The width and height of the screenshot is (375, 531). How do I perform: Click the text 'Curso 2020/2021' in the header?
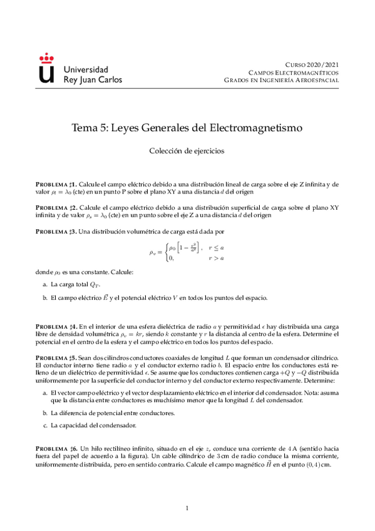point(312,64)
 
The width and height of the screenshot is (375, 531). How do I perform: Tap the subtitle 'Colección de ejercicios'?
point(187,150)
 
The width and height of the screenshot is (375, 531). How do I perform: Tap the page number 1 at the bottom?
point(187,508)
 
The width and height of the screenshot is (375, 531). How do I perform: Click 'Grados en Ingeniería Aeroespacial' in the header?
point(282,81)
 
